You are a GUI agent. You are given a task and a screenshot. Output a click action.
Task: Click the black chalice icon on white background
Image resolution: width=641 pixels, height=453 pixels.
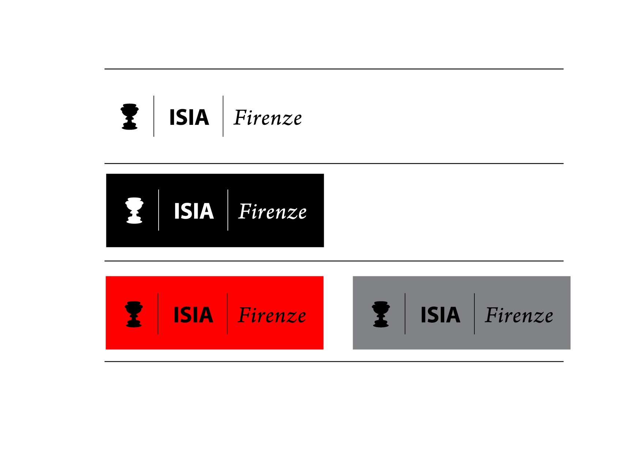click(x=129, y=117)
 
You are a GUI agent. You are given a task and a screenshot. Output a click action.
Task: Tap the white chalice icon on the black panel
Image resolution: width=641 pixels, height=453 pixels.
click(x=134, y=211)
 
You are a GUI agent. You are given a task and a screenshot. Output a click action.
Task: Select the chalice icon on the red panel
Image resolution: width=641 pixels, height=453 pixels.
click(x=134, y=314)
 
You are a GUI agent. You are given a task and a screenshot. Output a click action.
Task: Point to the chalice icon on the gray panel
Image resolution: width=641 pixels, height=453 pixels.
click(x=381, y=314)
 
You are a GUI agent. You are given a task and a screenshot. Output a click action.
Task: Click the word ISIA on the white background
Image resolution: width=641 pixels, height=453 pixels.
click(x=189, y=118)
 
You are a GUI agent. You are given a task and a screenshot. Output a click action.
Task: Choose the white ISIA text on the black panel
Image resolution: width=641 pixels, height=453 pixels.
click(x=194, y=211)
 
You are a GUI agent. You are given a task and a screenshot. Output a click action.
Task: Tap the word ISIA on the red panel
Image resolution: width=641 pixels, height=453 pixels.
click(x=193, y=315)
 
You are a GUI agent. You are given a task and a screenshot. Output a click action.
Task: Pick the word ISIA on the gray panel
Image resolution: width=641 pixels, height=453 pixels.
click(x=440, y=315)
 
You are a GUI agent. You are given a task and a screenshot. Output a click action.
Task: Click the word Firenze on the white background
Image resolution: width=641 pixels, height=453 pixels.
click(x=268, y=118)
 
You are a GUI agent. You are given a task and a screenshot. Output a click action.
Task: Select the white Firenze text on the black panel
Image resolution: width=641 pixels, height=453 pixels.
click(x=273, y=211)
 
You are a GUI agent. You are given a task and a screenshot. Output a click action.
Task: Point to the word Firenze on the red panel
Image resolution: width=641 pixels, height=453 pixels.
click(x=272, y=315)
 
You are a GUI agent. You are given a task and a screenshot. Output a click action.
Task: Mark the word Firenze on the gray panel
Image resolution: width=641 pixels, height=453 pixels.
click(x=519, y=315)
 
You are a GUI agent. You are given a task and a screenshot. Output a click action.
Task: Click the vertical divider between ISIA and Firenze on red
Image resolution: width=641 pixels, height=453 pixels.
click(x=227, y=314)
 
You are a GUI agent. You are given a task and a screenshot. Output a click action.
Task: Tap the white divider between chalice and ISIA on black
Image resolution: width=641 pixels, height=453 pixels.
click(x=159, y=210)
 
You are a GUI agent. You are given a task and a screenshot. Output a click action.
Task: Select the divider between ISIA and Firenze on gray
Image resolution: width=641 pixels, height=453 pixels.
click(x=474, y=314)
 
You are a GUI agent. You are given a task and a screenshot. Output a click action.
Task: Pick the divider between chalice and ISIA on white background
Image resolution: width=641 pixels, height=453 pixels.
click(x=154, y=116)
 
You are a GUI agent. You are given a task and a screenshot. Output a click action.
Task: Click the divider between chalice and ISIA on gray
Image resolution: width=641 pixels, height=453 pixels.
click(x=405, y=314)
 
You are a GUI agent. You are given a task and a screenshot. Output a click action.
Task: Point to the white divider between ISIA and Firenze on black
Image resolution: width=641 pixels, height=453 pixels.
click(x=228, y=210)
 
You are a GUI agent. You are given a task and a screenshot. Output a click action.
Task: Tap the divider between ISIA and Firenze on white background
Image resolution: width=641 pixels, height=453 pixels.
click(x=223, y=116)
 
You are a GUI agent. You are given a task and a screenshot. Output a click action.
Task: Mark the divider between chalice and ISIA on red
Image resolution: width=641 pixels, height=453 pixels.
click(x=158, y=314)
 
